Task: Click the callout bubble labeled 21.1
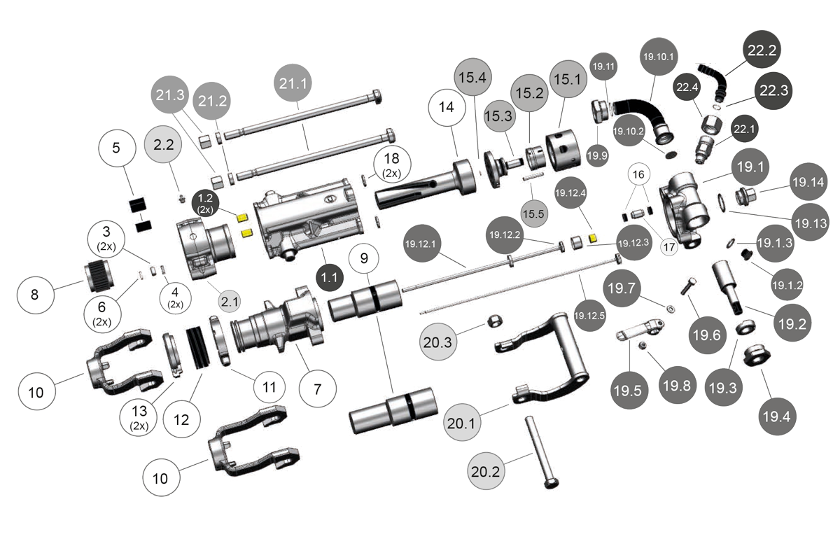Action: tap(293, 83)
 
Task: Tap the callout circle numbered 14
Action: tap(447, 108)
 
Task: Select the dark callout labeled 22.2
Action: tap(762, 50)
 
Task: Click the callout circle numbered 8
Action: tap(35, 294)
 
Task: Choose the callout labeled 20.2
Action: tap(486, 472)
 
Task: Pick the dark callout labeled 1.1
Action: tap(329, 277)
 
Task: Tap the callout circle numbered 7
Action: tap(317, 389)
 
